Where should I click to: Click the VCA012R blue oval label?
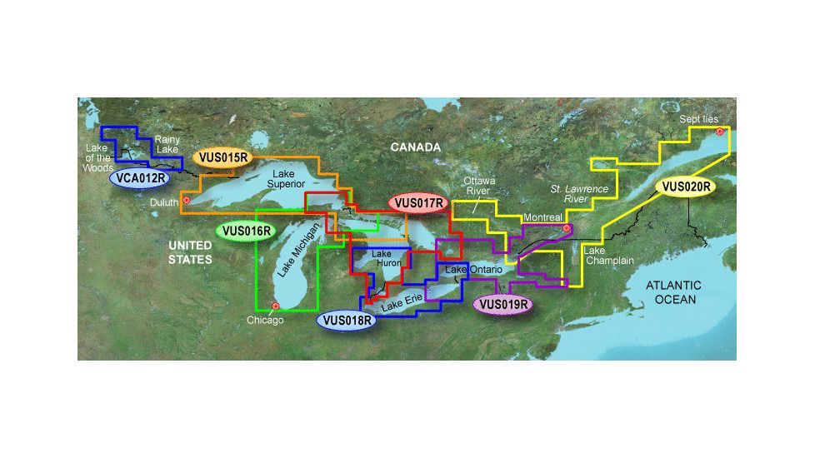pos(139,177)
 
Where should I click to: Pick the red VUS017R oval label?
pos(418,202)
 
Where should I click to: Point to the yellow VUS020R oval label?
pos(685,187)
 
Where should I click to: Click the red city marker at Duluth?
pos(187,201)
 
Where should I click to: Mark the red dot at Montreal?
pos(567,227)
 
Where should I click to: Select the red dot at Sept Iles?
pos(719,132)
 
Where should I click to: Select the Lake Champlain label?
pos(608,256)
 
